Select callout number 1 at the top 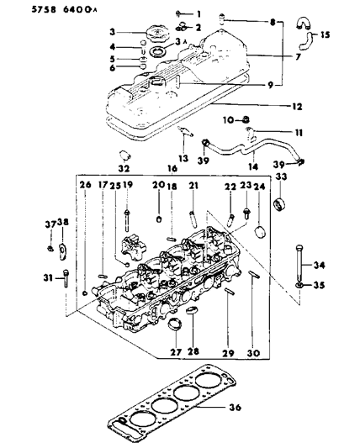click(x=199, y=14)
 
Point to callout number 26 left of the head click(x=83, y=185)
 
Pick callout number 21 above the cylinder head click(x=193, y=185)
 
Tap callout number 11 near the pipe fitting click(x=276, y=133)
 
